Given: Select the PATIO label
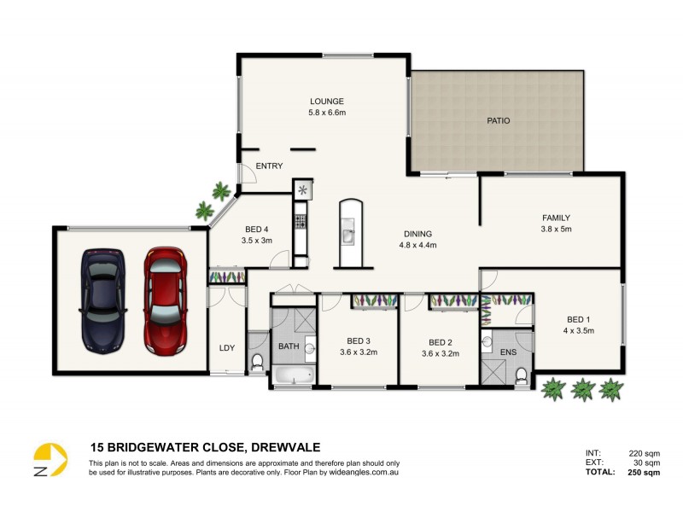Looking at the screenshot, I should [498, 121].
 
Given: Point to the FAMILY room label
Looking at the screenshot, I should [556, 218].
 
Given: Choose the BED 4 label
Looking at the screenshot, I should [257, 229].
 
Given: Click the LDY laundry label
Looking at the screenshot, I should [226, 347].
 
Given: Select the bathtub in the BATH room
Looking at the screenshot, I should [293, 375].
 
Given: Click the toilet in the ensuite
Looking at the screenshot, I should [521, 372].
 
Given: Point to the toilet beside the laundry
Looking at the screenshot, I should [257, 363].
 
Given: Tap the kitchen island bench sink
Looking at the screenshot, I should [349, 233].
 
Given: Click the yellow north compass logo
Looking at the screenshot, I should [50, 460].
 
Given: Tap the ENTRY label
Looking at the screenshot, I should [269, 166].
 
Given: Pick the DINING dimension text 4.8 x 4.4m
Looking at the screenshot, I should [417, 245].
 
